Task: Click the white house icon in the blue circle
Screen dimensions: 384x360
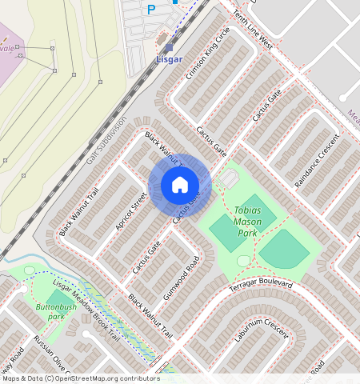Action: point(180,186)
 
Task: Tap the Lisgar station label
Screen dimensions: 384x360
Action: point(169,59)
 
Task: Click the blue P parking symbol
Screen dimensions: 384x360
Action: point(151,10)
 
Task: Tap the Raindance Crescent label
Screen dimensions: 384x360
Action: point(318,161)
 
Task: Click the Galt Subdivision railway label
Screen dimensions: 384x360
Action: point(106,141)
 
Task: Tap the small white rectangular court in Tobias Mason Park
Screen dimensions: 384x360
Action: point(230,179)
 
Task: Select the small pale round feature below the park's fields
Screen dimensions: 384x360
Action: point(244,261)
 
